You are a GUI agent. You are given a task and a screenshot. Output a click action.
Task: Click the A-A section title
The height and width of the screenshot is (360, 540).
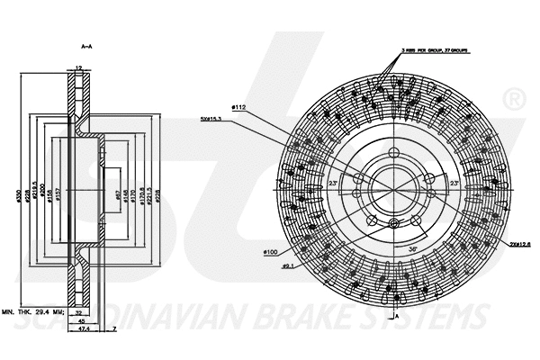tap(87, 45)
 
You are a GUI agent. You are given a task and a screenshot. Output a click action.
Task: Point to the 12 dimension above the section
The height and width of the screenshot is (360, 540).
tap(79, 69)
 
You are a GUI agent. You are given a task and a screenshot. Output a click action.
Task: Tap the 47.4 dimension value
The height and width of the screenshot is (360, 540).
tap(83, 329)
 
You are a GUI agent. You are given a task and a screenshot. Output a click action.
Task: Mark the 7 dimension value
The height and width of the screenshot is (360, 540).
tap(115, 329)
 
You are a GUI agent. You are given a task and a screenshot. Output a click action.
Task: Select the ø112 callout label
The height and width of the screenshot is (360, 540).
tap(240, 108)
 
